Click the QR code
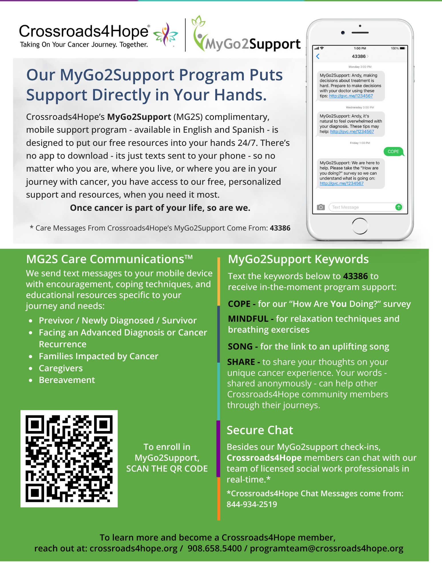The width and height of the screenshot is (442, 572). click(x=69, y=458)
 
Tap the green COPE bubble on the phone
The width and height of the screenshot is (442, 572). click(x=393, y=152)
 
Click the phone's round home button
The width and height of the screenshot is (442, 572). click(x=360, y=226)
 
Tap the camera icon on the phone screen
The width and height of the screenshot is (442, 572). click(x=321, y=207)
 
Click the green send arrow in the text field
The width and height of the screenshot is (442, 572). click(x=399, y=207)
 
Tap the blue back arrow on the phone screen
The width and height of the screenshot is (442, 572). click(x=318, y=56)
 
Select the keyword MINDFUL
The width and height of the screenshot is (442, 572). click(x=248, y=319)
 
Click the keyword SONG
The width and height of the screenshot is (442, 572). click(x=240, y=347)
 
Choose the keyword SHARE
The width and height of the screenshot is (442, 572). click(x=241, y=362)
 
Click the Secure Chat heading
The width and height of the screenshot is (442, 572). click(x=260, y=430)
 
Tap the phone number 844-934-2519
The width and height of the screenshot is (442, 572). click(x=252, y=504)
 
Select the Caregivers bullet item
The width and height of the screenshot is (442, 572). click(x=61, y=368)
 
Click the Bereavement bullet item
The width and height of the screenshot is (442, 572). click(x=67, y=380)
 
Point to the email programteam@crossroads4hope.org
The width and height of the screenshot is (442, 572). click(x=326, y=549)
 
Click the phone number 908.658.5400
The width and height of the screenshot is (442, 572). click(x=215, y=549)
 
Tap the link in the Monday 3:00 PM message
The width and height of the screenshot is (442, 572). click(x=351, y=96)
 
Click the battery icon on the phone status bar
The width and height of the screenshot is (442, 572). click(x=402, y=48)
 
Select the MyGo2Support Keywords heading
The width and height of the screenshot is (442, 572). click(x=298, y=259)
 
